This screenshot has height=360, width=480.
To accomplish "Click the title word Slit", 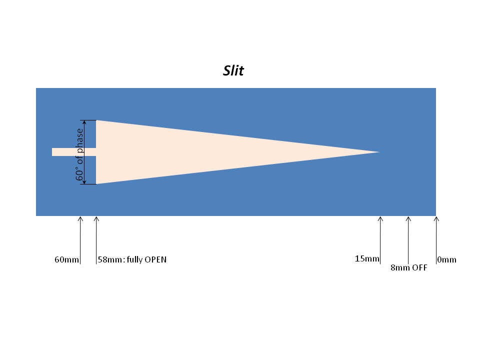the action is pyautogui.click(x=233, y=70).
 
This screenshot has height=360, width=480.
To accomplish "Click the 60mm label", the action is pyautogui.click(x=66, y=259).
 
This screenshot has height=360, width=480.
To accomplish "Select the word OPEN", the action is pyautogui.click(x=155, y=259).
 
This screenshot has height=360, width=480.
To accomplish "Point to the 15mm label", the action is pyautogui.click(x=367, y=258).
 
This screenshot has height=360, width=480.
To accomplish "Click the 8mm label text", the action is pyautogui.click(x=400, y=267).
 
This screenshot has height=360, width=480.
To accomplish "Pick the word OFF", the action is pyautogui.click(x=419, y=267).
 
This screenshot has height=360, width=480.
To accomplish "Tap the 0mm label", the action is pyautogui.click(x=446, y=259).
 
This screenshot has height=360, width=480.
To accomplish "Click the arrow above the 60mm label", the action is pyautogui.click(x=80, y=240).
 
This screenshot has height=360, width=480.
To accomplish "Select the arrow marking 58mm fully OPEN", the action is pyautogui.click(x=96, y=240).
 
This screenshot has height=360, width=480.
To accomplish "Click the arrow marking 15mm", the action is pyautogui.click(x=380, y=240).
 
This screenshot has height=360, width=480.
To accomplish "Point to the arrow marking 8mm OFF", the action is pyautogui.click(x=408, y=240).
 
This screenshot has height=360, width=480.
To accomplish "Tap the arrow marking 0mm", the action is pyautogui.click(x=436, y=240).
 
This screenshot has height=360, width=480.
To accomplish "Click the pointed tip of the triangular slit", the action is pyautogui.click(x=379, y=152).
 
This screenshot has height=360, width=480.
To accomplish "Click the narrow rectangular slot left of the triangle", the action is pyautogui.click(x=74, y=152).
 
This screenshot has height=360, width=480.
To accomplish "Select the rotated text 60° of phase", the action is pyautogui.click(x=79, y=154).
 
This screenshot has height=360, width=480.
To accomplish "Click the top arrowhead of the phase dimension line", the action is pyautogui.click(x=85, y=122).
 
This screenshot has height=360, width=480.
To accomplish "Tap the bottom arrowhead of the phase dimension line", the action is pyautogui.click(x=85, y=182).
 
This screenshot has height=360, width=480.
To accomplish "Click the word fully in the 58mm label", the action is pyautogui.click(x=134, y=260).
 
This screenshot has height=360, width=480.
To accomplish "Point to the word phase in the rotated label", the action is pyautogui.click(x=79, y=140).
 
